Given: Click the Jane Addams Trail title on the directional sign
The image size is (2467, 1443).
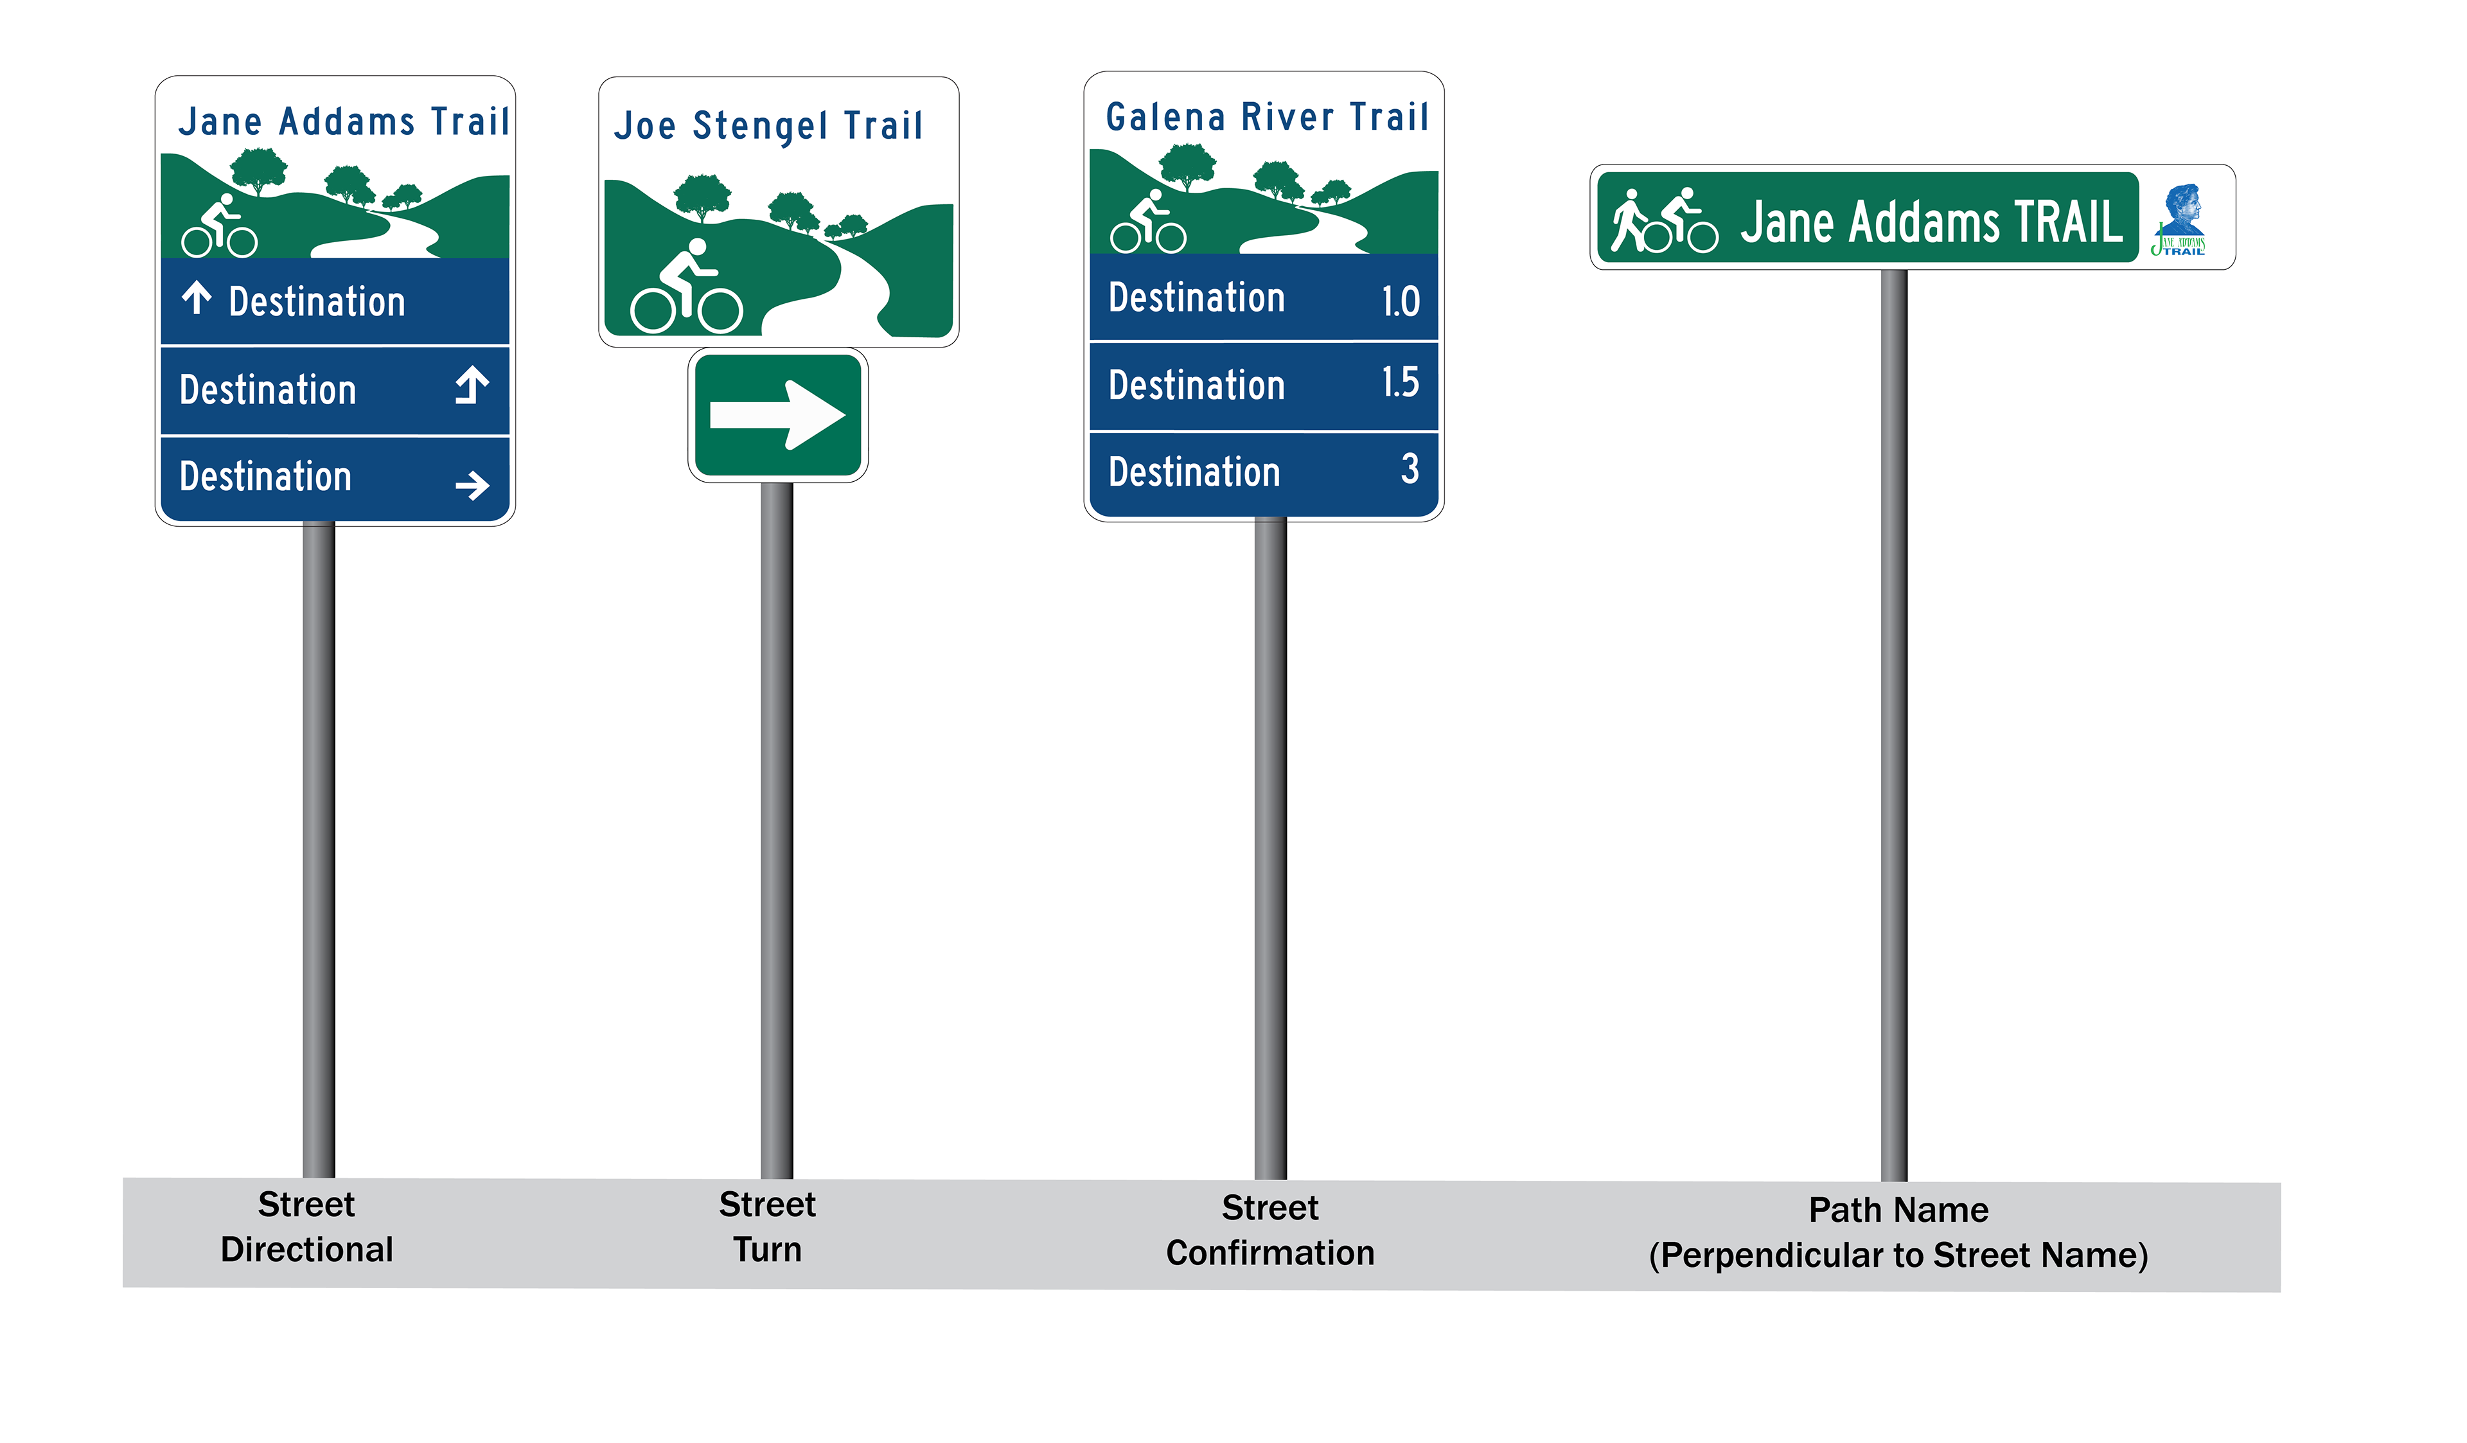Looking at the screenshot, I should pos(344,122).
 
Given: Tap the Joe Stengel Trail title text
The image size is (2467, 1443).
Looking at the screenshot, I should pos(768,127).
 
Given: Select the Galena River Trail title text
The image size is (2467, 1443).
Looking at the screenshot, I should pos(1267,118).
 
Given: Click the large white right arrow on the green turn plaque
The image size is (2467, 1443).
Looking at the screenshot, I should pos(777,415).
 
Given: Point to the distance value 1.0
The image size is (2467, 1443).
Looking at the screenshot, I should pos(1400,301).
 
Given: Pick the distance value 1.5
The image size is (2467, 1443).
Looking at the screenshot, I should pos(1400,383).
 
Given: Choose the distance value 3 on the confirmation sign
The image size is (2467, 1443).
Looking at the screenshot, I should pos(1409,469).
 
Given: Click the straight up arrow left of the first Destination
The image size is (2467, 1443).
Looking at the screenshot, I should pos(197,297).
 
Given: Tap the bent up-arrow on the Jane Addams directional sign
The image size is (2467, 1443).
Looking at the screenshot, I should pos(472,385).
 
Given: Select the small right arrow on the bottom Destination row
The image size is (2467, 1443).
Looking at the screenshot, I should pos(472,484).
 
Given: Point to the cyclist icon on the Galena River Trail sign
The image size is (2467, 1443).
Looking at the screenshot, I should pos(1147,223).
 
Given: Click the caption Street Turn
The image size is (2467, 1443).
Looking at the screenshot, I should pos(768,1226).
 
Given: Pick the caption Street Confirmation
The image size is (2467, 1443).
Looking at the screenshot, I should pos(1269,1230).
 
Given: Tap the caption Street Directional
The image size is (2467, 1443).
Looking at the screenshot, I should pos(306,1226).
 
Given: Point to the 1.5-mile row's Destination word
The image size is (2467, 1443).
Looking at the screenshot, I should pos(1196,385).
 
